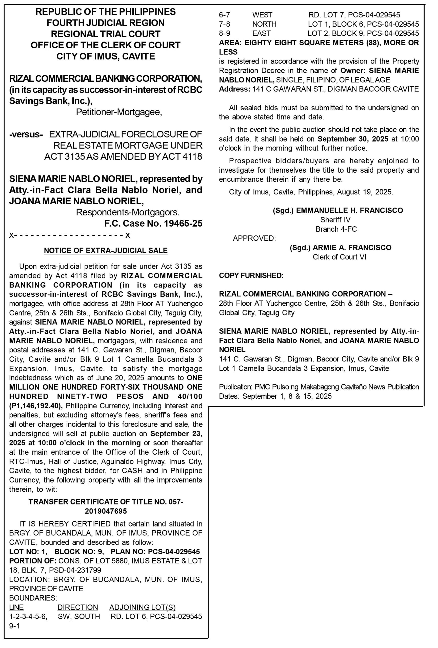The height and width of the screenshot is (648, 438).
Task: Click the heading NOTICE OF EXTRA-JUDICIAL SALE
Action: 106,250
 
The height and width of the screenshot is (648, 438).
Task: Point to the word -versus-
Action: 26,134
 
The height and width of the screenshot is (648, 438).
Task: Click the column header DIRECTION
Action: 77,607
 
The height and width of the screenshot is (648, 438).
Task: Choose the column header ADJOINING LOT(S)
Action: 142,607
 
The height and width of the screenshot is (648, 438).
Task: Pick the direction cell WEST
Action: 262,15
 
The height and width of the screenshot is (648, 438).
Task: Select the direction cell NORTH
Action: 264,24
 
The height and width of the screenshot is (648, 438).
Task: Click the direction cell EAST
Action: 261,33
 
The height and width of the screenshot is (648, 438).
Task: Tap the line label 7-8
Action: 224,24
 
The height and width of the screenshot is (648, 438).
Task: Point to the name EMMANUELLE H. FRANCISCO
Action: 349,211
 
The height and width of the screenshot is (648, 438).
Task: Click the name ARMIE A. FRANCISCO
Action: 352,248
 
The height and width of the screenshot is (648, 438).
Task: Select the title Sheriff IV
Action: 335,220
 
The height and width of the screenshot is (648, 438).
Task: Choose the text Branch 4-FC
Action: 336,229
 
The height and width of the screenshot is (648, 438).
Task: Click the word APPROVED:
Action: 254,238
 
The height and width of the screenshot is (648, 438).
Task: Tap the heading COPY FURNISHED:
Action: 251,275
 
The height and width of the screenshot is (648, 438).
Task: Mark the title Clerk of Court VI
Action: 339,257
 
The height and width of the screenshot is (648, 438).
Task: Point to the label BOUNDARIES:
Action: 33,598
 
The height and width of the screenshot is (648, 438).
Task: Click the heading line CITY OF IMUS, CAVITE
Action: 106,56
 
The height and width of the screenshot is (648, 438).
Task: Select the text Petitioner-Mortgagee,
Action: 119,112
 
